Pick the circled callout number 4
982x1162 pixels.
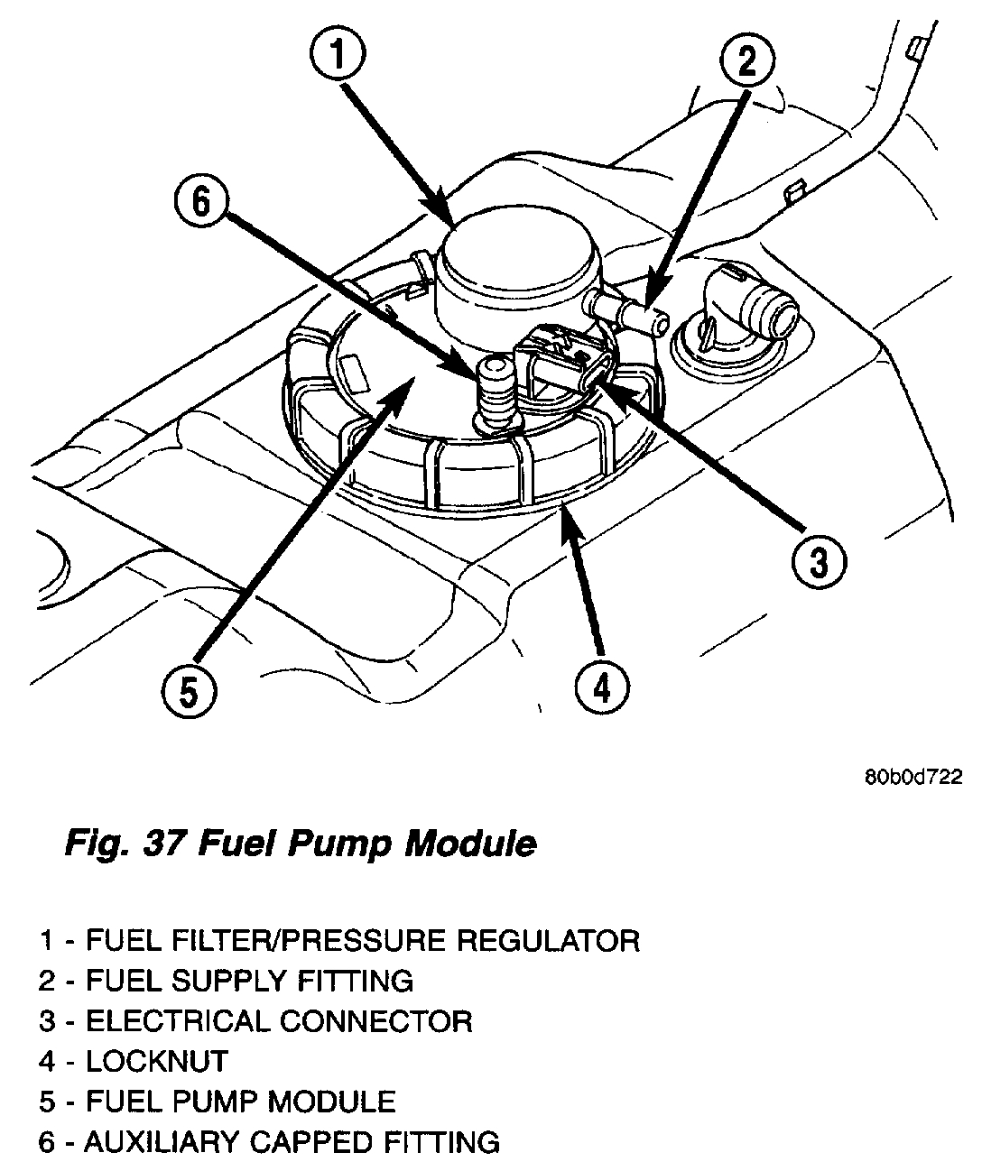[x=601, y=688]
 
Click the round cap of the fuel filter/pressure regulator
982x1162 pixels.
[x=511, y=253]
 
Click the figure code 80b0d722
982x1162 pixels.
[x=913, y=778]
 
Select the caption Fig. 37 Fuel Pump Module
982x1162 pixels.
[x=301, y=844]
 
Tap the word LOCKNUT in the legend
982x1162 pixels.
[x=157, y=1061]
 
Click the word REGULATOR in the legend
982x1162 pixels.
[x=549, y=941]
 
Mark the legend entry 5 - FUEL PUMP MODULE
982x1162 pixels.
[x=218, y=1102]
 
